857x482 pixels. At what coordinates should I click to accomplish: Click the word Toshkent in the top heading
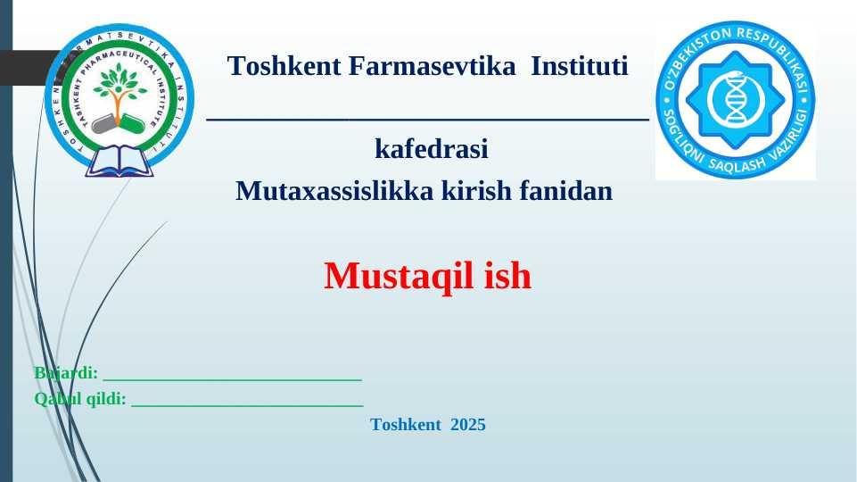coord(284,66)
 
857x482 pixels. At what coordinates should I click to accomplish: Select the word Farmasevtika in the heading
coord(432,66)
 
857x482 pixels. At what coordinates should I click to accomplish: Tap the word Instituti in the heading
coord(580,66)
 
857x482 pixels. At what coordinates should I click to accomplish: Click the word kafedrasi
coord(432,149)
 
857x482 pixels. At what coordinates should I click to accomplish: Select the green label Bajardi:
coord(66,372)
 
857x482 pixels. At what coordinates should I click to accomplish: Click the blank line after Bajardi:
coord(233,378)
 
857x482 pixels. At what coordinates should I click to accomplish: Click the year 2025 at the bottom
coord(468,425)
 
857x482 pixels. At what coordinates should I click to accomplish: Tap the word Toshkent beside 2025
coord(406,425)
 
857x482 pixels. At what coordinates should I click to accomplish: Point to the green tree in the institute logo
coord(119,93)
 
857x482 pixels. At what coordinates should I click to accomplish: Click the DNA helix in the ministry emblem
coord(735,99)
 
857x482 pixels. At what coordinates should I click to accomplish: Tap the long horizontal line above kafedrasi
coord(427,119)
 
